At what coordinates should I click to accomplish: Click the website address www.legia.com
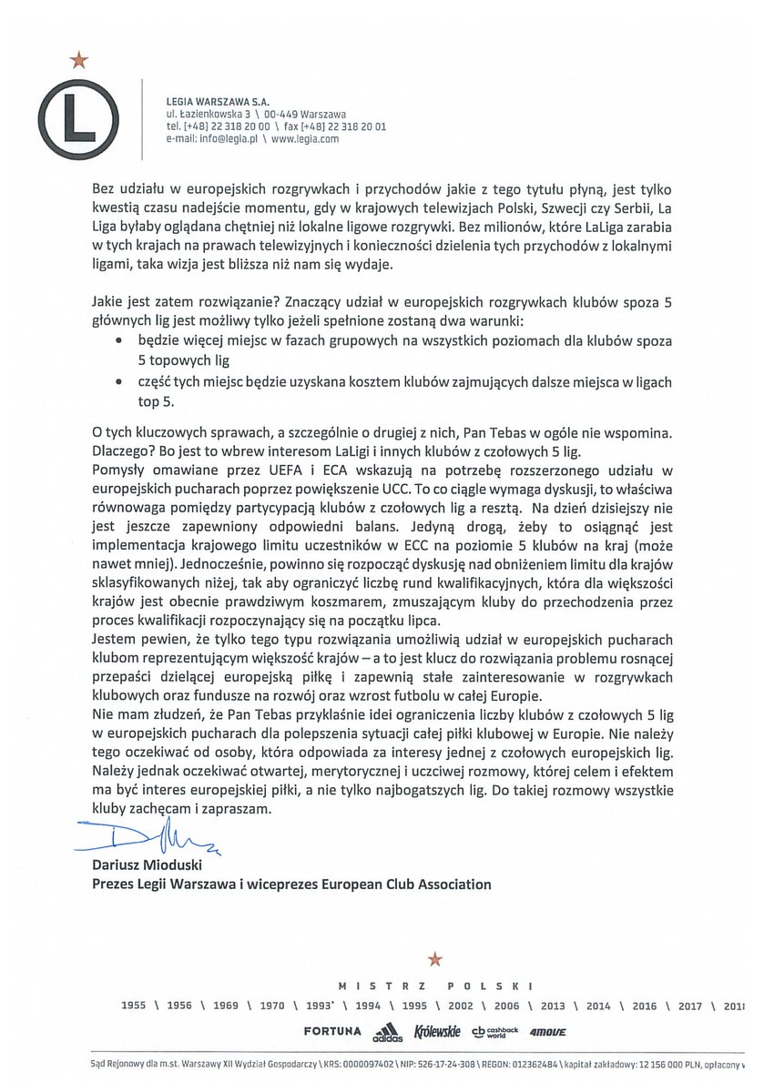[x=305, y=140]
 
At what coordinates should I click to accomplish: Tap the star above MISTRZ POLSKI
[x=434, y=957]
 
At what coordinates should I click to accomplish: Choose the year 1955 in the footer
[x=135, y=1006]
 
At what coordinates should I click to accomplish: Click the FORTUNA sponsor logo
[x=330, y=1032]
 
